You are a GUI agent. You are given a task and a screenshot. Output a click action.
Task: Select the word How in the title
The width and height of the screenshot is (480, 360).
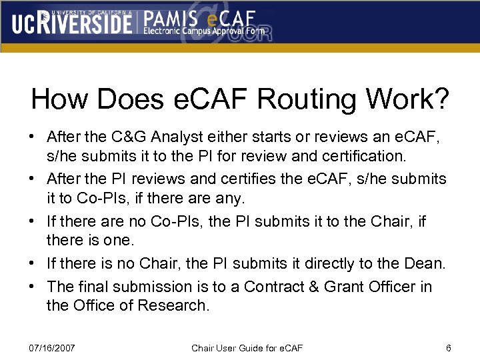click(59, 99)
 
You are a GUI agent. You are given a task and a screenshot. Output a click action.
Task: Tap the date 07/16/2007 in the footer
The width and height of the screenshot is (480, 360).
click(53, 348)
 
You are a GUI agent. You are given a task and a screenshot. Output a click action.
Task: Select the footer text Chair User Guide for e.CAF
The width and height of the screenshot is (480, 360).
click(247, 348)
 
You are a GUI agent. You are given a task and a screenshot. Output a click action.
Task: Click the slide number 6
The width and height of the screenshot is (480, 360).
click(449, 348)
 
